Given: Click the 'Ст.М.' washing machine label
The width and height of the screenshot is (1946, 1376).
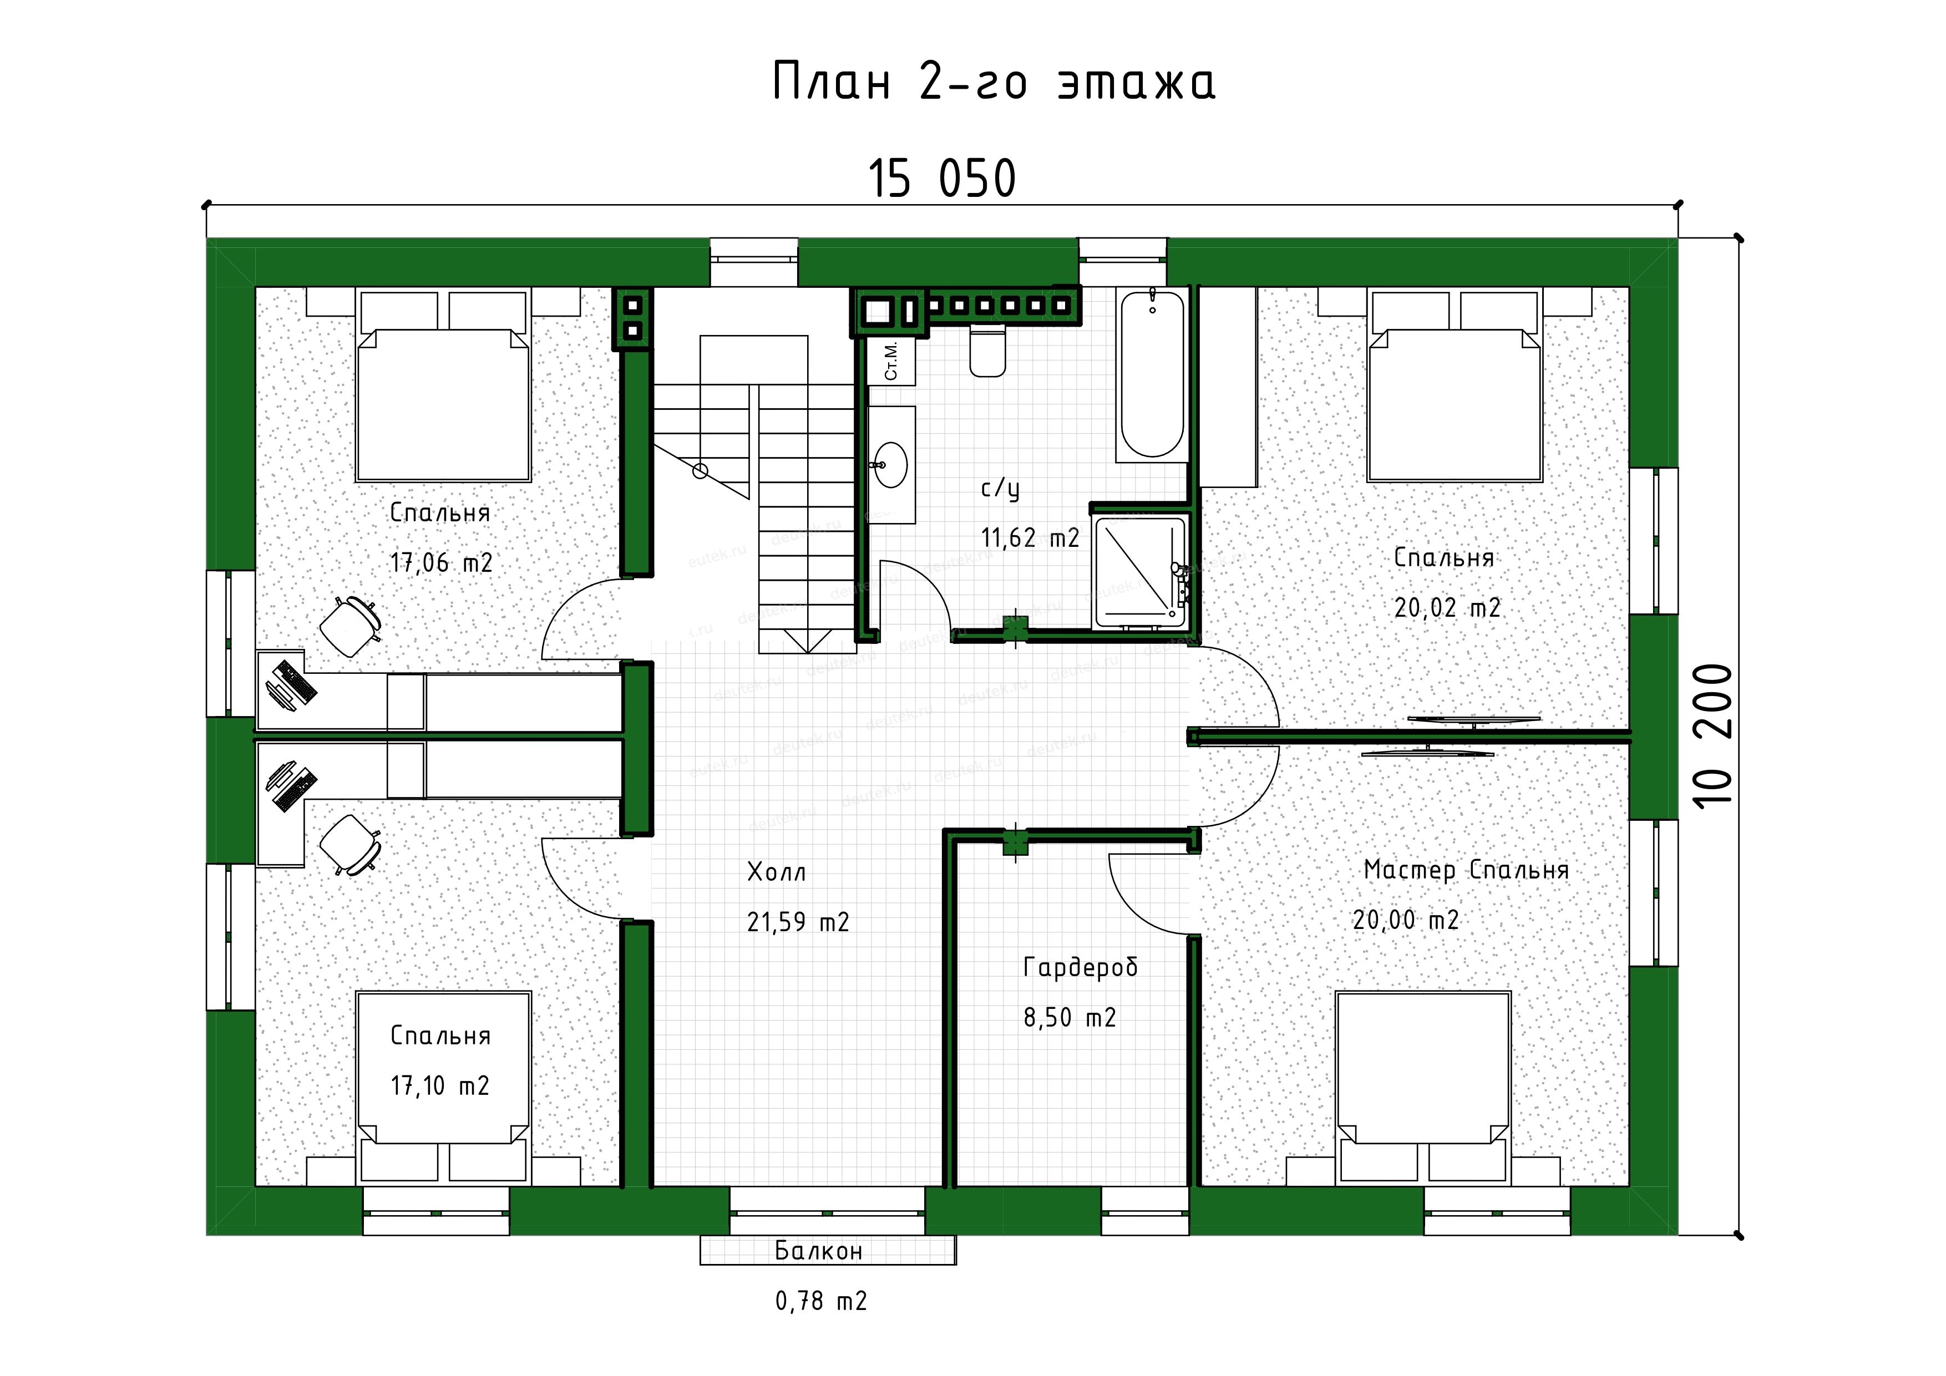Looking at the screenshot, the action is click(891, 361).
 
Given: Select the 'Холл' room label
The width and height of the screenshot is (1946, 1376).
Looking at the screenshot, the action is click(777, 872).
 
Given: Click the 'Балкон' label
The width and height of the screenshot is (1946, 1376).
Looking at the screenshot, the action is click(819, 1251).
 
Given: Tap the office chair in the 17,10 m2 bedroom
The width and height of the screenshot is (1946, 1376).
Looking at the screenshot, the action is click(349, 844).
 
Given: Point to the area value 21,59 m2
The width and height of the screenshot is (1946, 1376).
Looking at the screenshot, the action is click(798, 922).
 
